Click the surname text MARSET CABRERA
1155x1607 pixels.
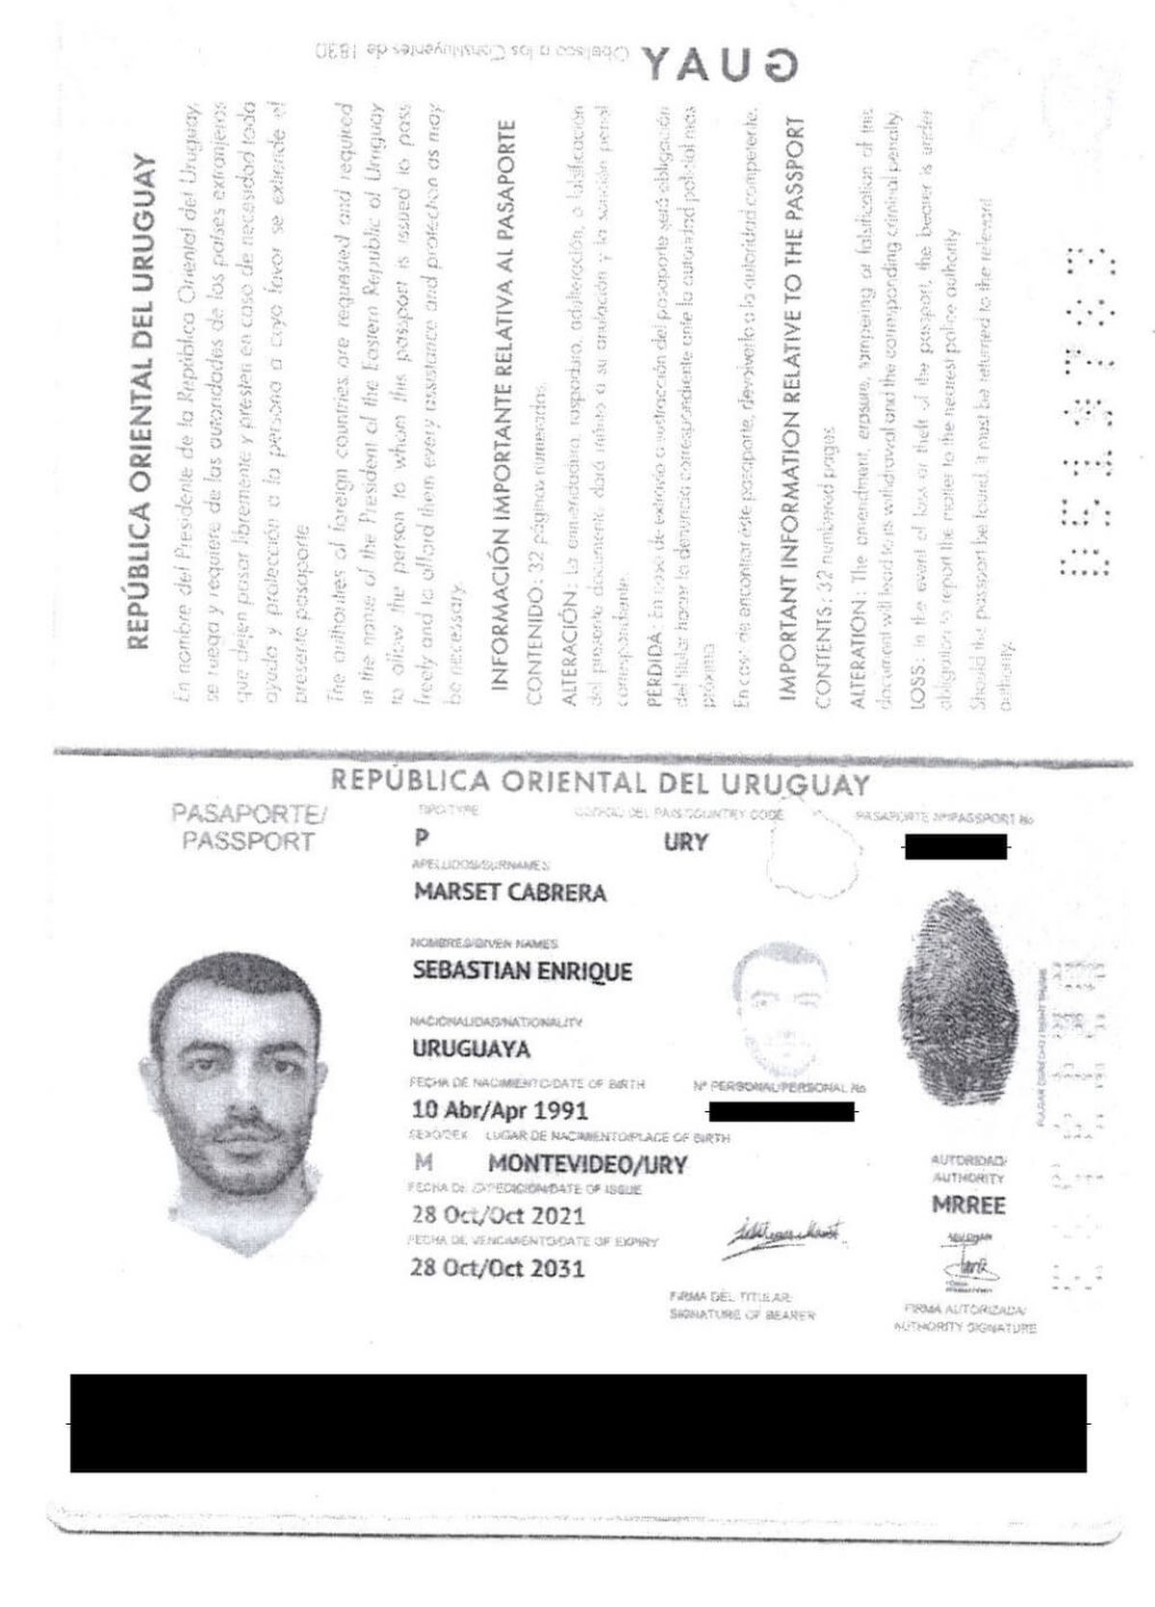click(510, 893)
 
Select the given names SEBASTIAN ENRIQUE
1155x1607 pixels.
click(522, 971)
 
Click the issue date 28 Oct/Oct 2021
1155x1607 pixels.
click(498, 1215)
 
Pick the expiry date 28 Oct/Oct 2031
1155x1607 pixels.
click(498, 1267)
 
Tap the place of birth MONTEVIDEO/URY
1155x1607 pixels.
click(587, 1165)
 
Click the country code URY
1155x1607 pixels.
click(685, 842)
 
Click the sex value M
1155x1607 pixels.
click(422, 1164)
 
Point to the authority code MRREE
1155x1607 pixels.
click(967, 1205)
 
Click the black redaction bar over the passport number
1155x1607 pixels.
click(955, 847)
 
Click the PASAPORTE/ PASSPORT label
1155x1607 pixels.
click(248, 827)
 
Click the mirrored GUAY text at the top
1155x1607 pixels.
click(720, 64)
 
